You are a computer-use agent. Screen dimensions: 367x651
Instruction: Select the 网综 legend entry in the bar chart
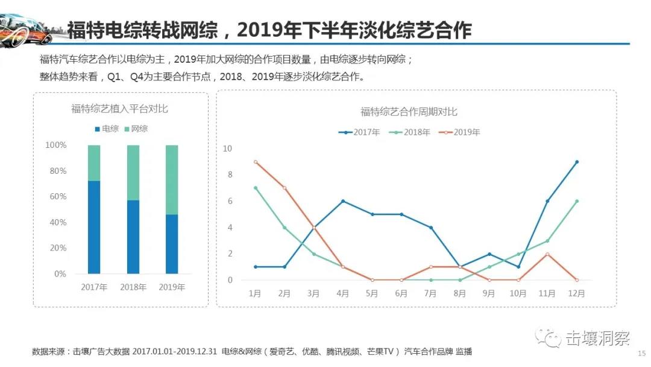coord(136,129)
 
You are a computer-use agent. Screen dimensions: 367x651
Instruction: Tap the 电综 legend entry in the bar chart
coord(106,129)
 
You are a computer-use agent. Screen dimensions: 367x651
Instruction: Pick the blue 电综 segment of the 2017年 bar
coord(94,227)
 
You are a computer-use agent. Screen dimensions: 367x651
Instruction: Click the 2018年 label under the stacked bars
coord(133,287)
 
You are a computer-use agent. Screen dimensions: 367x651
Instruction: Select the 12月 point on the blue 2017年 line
coord(577,162)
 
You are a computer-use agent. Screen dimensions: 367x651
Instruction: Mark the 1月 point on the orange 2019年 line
coord(256,162)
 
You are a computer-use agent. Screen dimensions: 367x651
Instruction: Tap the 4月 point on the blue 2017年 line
coord(343,201)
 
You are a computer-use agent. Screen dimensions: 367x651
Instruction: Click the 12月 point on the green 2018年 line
coord(577,201)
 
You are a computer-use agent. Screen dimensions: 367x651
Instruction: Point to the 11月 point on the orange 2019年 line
coord(547,254)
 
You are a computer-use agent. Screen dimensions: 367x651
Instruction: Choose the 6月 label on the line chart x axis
coord(401,293)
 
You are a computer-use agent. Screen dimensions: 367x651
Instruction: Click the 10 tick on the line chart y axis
coord(227,148)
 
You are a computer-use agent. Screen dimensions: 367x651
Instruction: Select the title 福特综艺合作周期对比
coord(409,112)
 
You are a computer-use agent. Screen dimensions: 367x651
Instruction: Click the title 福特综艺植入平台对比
coord(119,109)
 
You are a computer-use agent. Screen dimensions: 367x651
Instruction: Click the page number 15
coord(641,354)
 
